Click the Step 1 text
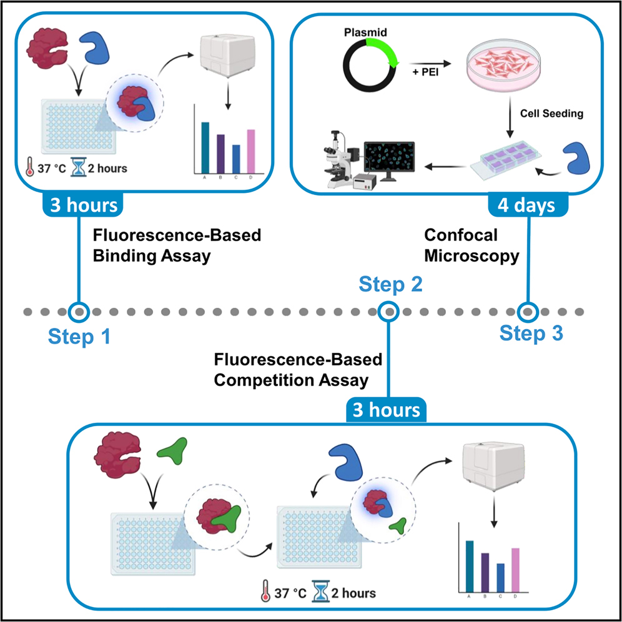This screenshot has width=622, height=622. (x=79, y=337)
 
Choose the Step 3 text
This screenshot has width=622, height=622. (x=531, y=333)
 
